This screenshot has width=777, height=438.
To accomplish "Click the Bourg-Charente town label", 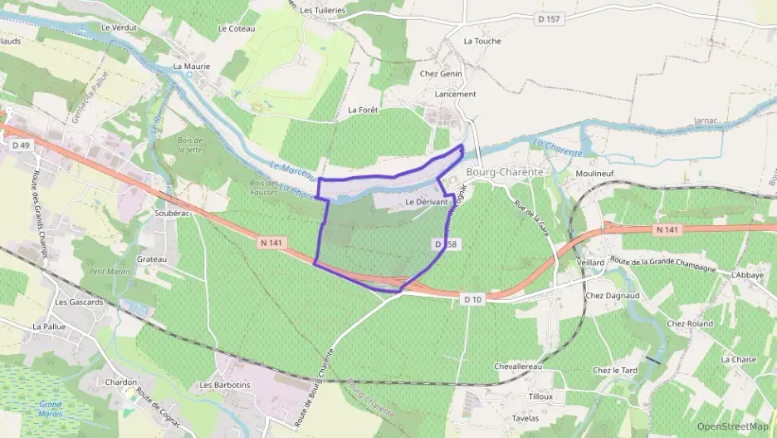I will pyautogui.click(x=505, y=172).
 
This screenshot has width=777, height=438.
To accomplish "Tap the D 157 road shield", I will pyautogui.click(x=549, y=19).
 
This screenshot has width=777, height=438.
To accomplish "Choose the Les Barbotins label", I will pyautogui.click(x=224, y=386).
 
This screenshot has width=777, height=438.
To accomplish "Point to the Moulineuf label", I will pyautogui.click(x=594, y=174).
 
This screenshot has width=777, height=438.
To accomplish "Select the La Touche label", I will pyautogui.click(x=482, y=41).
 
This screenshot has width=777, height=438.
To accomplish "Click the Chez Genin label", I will pyautogui.click(x=441, y=74).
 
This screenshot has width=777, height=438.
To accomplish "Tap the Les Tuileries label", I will pyautogui.click(x=322, y=10).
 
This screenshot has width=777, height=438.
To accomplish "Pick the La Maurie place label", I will pyautogui.click(x=192, y=66).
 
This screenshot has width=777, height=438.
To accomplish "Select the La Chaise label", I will pyautogui.click(x=739, y=360).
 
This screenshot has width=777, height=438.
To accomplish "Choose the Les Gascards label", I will pyautogui.click(x=80, y=303).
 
